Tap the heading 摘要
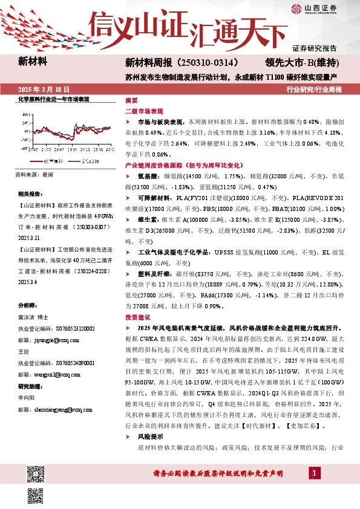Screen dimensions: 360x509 (x=131, y=100)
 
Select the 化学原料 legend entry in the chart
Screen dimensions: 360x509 (x=53, y=161)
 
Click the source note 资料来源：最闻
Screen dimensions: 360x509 (x=34, y=174)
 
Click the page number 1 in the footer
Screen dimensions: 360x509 (x=315, y=472)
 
